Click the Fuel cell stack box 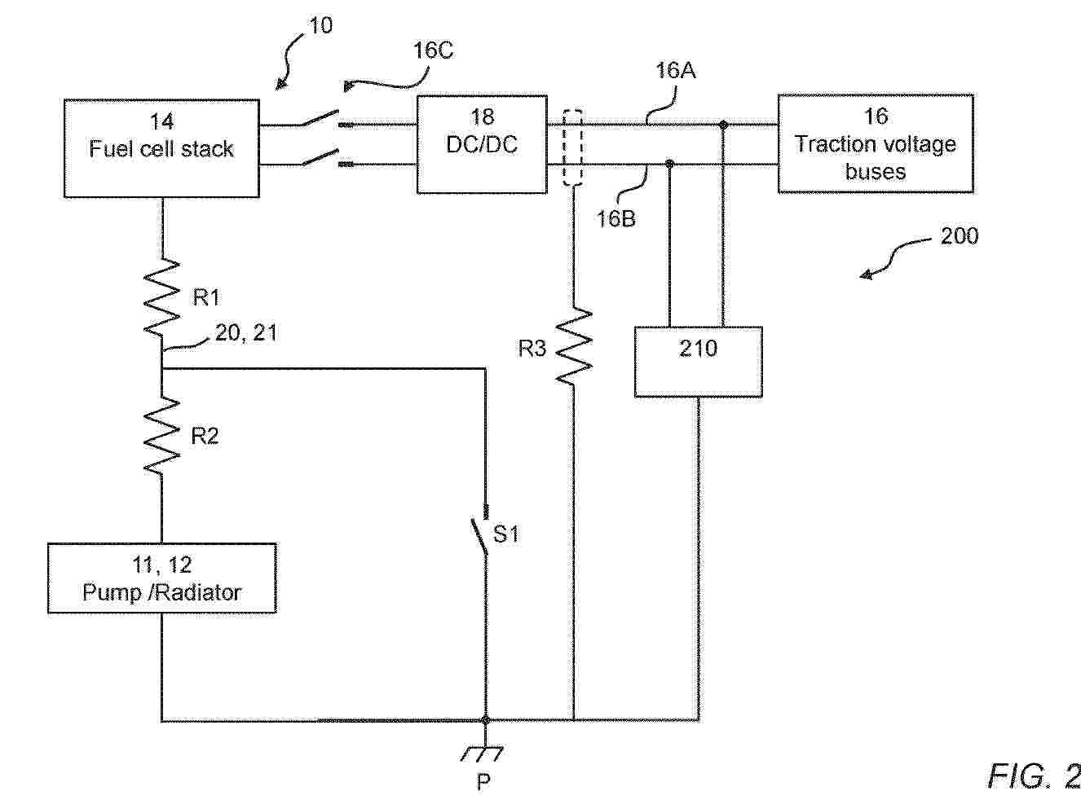[161, 148]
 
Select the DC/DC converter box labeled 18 [482, 144]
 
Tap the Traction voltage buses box [876, 143]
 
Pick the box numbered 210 [699, 362]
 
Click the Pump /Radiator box [161, 578]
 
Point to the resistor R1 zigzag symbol [162, 297]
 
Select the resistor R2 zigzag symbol [162, 435]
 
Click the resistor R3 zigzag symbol [574, 347]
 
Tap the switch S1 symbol [483, 534]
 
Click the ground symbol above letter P [484, 753]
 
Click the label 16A [676, 71]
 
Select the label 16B [616, 218]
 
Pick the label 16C [433, 51]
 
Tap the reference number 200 [959, 236]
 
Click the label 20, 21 [245, 332]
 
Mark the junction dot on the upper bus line [723, 125]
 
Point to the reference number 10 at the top [320, 26]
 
